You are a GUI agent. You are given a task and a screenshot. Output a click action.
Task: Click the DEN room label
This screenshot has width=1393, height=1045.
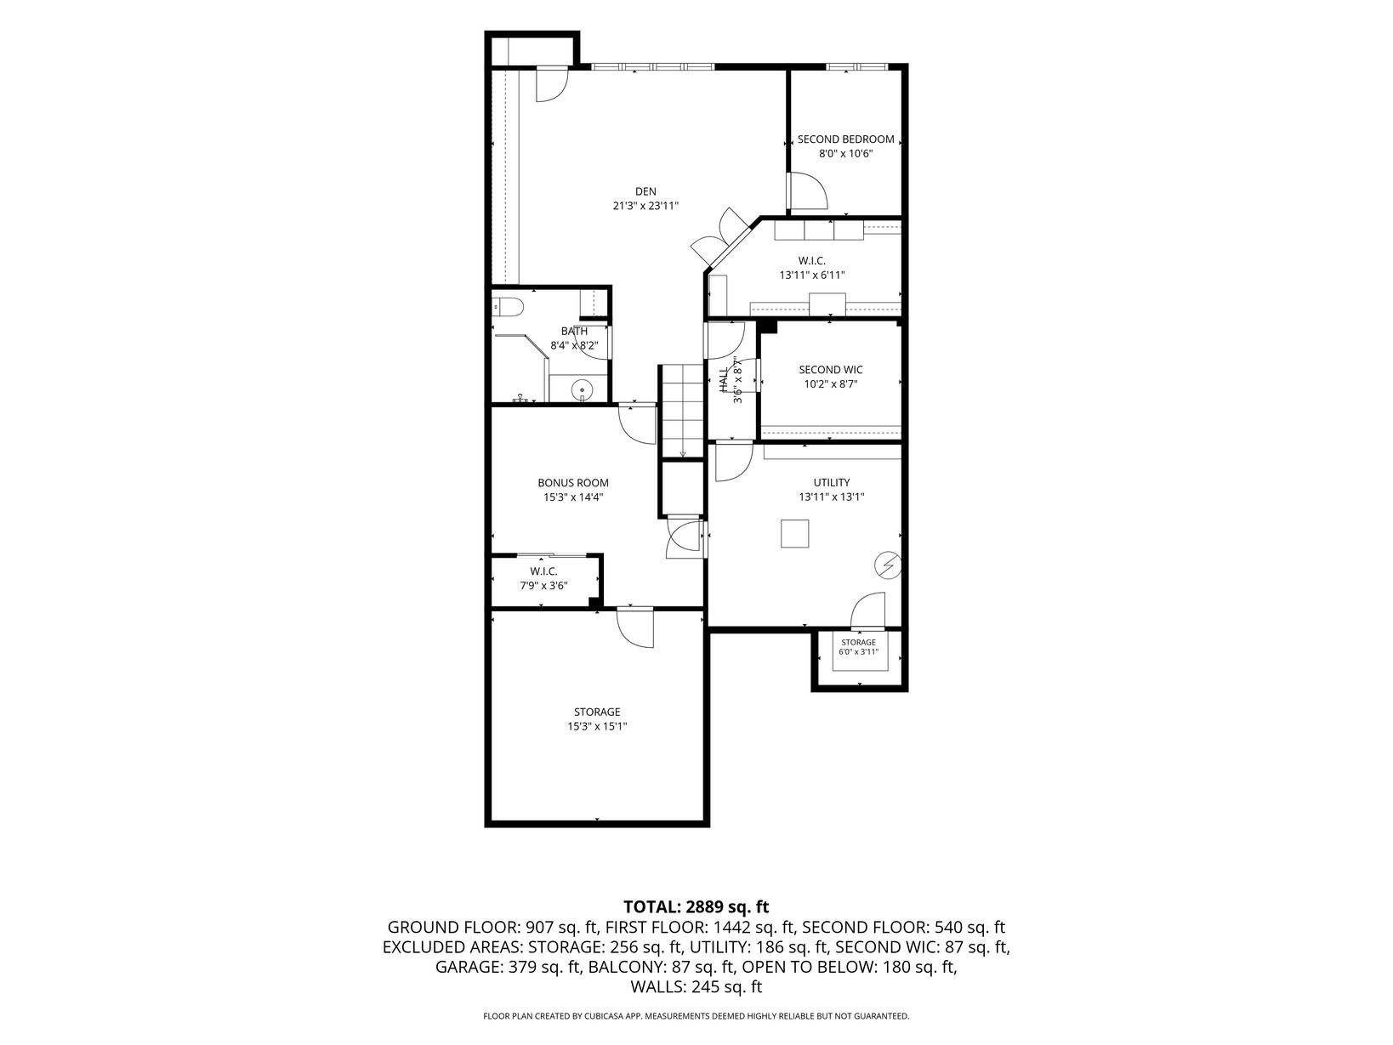[x=645, y=191]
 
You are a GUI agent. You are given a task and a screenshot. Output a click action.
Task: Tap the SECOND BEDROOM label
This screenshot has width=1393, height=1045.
[x=845, y=139]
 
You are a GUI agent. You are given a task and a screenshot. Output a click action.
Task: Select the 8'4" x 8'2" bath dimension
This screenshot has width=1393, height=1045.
[x=574, y=346]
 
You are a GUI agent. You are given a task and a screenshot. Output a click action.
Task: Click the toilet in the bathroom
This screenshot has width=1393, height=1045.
[x=508, y=308]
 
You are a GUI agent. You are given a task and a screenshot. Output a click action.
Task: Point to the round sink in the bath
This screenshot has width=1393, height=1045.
[x=582, y=389]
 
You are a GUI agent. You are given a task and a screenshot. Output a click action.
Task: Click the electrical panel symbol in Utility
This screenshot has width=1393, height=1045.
[x=888, y=564]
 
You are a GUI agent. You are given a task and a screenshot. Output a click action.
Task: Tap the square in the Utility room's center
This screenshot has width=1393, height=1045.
[x=794, y=533]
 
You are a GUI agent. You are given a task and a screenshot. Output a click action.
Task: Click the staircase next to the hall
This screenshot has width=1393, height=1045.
[x=682, y=411]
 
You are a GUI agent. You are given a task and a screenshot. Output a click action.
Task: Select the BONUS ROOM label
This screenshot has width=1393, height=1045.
[x=573, y=483]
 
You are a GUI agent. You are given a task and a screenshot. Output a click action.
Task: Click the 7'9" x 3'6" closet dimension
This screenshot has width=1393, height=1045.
[x=543, y=586]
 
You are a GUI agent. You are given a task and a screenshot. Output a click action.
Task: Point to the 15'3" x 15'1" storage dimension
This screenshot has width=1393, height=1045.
[x=597, y=726]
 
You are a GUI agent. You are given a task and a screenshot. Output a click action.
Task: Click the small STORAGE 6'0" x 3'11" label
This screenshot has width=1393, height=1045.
[x=859, y=646]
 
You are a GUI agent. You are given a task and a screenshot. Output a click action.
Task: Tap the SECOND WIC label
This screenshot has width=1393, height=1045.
[x=831, y=369]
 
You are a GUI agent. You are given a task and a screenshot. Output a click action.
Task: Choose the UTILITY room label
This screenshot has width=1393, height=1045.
[x=832, y=482]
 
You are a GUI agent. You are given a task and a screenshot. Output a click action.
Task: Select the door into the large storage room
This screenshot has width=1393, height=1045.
[x=635, y=628]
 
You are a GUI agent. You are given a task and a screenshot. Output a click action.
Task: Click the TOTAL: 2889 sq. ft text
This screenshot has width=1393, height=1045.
[x=696, y=906]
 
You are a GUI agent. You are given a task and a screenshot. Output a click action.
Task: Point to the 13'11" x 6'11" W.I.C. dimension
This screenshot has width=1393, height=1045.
[x=812, y=275]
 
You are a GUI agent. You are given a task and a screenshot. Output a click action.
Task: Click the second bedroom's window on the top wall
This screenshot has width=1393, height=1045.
[x=856, y=66]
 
